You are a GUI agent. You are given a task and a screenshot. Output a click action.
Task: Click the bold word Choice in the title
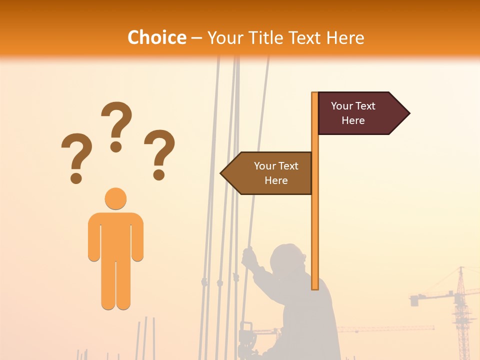pyautogui.click(x=156, y=38)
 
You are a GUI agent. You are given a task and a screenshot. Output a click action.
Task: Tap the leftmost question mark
pyautogui.click(x=76, y=156)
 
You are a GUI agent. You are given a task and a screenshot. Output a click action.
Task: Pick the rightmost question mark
pyautogui.click(x=159, y=153)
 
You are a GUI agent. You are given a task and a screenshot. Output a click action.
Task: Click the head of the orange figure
pyautogui.click(x=115, y=198)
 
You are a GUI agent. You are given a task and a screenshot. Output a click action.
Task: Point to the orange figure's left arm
pyautogui.click(x=94, y=237)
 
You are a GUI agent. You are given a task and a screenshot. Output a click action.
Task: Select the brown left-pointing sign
pyautogui.click(x=270, y=173)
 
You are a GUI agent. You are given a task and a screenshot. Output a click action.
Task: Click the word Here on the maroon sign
pyautogui.click(x=353, y=120)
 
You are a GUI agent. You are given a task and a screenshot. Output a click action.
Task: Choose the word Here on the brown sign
pyautogui.click(x=276, y=180)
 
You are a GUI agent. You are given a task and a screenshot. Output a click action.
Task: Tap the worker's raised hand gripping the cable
pyautogui.click(x=248, y=257)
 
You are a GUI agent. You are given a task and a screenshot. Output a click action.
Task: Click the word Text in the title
pyautogui.click(x=304, y=38)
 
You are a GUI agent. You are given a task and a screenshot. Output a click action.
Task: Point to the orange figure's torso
pyautogui.click(x=115, y=235)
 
